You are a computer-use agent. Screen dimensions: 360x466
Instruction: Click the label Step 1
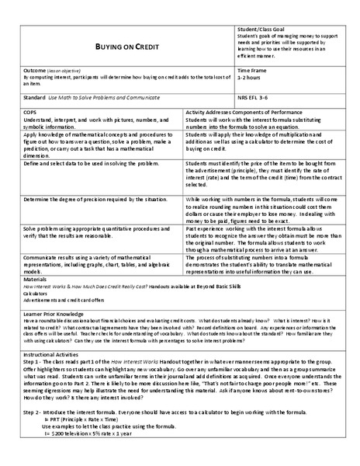34,361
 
